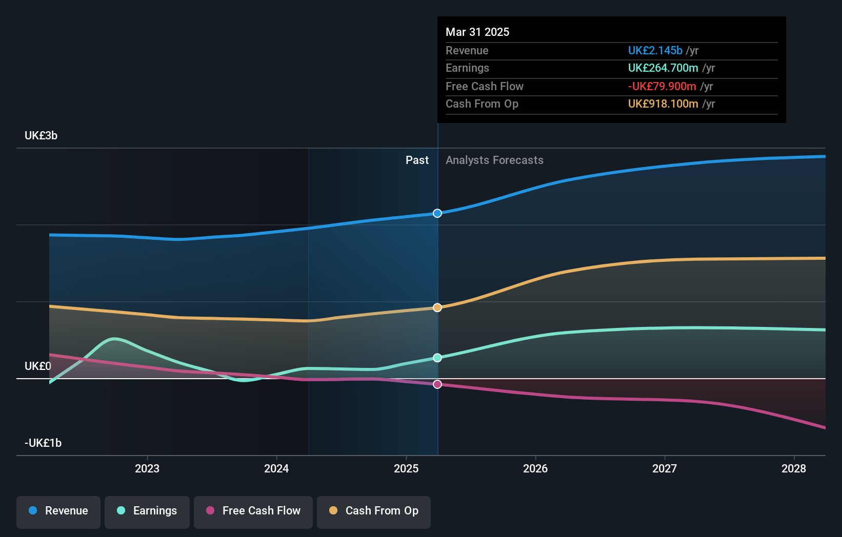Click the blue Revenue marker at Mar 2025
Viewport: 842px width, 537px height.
click(x=437, y=213)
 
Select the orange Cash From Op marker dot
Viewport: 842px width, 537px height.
click(x=437, y=307)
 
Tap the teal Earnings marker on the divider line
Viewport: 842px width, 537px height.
click(x=437, y=358)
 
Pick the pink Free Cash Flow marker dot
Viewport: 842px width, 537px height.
click(x=437, y=384)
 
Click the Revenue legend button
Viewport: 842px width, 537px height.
click(x=58, y=511)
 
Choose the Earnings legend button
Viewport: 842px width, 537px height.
click(x=147, y=511)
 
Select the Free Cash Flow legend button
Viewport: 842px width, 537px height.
click(x=253, y=511)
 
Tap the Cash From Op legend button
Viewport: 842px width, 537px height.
click(x=374, y=511)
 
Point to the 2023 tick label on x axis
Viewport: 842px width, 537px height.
click(x=147, y=468)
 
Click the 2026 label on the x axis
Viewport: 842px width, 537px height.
click(x=535, y=468)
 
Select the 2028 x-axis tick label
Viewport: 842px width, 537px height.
click(x=794, y=468)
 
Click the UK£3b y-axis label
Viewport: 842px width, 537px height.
click(x=41, y=136)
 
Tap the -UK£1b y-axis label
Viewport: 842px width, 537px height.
click(x=43, y=443)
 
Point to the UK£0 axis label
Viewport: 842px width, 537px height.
click(x=38, y=366)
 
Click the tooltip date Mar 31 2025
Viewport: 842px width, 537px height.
click(x=477, y=32)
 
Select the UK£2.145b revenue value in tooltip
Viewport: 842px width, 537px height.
click(x=655, y=51)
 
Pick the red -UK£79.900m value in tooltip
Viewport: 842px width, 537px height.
click(x=662, y=87)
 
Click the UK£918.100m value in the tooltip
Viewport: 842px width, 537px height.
click(x=663, y=104)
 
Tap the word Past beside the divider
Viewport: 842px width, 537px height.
click(x=417, y=160)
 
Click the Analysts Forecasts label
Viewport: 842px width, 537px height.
click(x=494, y=160)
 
